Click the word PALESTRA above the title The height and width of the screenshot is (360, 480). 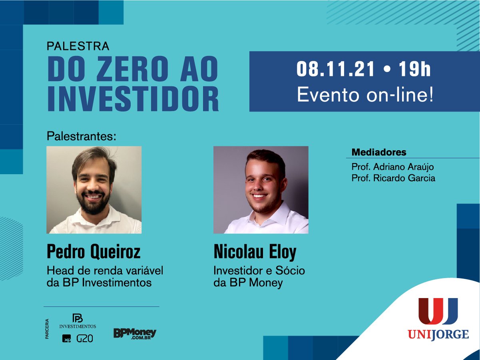click(78, 46)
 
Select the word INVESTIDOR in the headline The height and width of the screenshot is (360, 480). click(133, 99)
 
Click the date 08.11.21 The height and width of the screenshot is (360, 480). click(336, 69)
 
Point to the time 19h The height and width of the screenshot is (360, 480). click(414, 69)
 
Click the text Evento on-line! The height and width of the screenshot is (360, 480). click(365, 95)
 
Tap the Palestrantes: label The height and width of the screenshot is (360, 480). click(82, 136)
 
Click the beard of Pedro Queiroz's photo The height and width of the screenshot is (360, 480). click(94, 203)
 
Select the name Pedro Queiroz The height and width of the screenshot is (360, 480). click(94, 252)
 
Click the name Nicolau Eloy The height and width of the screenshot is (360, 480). click(255, 252)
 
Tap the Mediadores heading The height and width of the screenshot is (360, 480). click(379, 152)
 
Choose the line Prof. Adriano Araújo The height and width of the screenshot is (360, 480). click(392, 167)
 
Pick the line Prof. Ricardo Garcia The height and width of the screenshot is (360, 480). click(393, 178)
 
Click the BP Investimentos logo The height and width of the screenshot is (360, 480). click(78, 321)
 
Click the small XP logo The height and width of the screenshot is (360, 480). click(66, 338)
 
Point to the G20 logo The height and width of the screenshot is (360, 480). click(85, 338)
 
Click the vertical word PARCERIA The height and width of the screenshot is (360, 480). click(47, 329)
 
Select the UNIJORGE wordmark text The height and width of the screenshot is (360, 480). click(438, 335)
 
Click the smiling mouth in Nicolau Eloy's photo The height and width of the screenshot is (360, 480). click(259, 196)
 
